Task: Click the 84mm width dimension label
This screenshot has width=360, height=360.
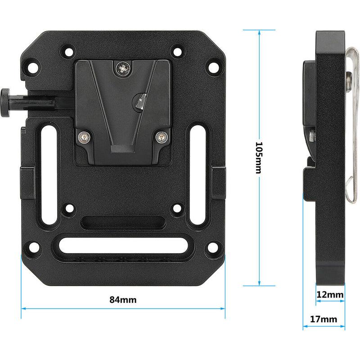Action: (123, 300)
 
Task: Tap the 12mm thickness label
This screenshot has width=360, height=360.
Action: (330, 295)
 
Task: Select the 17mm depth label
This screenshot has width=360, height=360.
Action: (324, 319)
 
